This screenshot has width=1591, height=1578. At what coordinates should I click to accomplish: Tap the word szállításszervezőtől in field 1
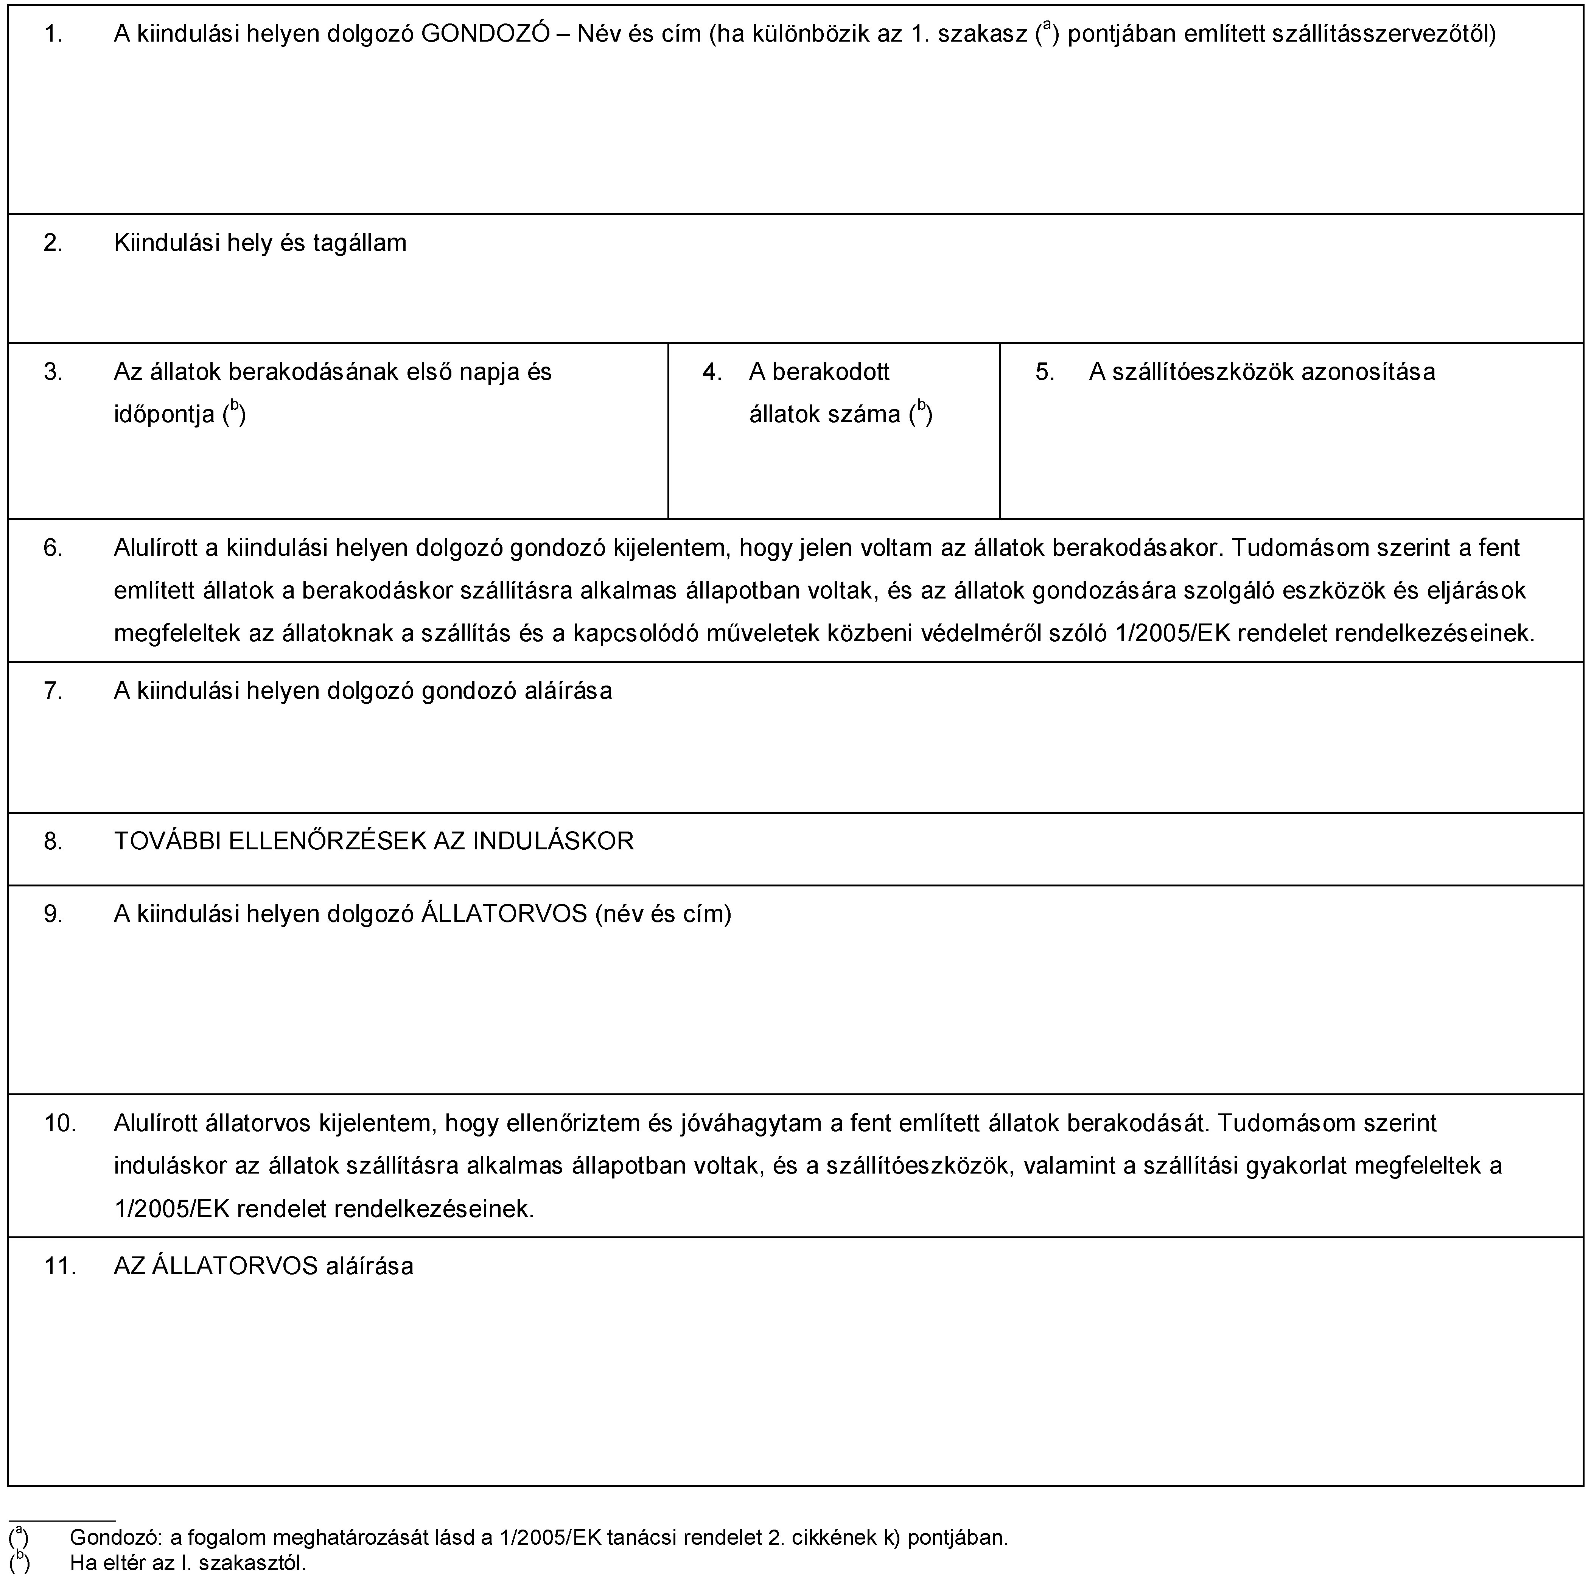point(1384,34)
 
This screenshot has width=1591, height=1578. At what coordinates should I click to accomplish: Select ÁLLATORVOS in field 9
point(504,913)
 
